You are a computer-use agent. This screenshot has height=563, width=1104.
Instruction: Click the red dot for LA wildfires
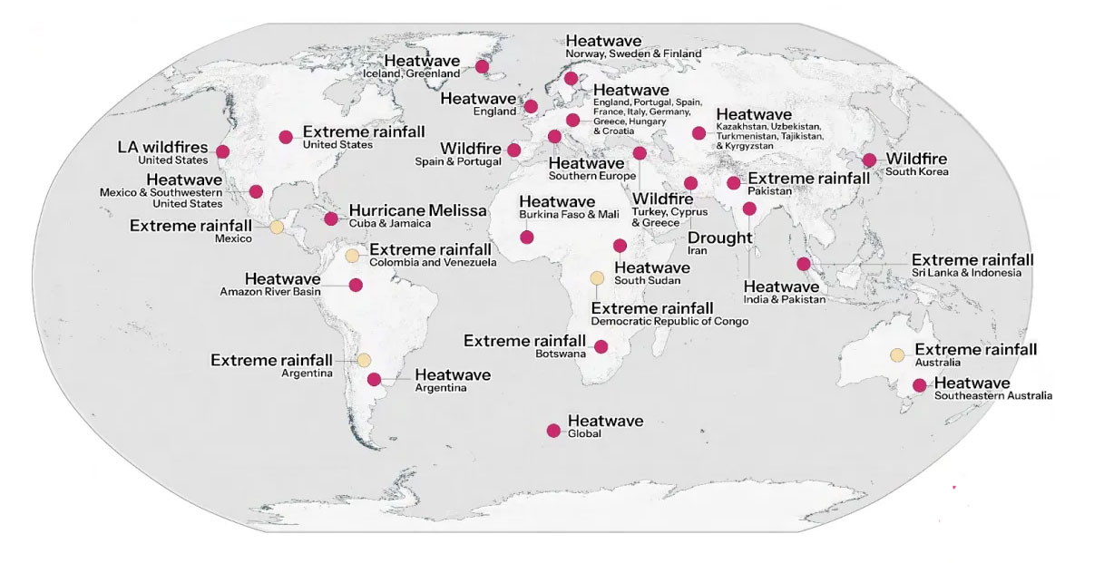[222, 151]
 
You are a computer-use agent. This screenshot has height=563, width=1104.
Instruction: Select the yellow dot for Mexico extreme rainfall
[277, 227]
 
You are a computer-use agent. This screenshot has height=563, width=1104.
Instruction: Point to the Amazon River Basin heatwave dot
[356, 285]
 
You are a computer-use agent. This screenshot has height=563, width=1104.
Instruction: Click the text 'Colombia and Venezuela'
[433, 263]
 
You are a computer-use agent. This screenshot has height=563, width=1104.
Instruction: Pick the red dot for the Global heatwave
[553, 431]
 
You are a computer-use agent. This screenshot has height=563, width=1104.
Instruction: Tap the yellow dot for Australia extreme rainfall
[897, 354]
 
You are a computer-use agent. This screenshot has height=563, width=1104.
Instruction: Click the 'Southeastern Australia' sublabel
[992, 396]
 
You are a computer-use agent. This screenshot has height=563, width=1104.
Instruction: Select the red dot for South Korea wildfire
[869, 160]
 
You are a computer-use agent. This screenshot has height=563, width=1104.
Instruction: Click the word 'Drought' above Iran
[720, 238]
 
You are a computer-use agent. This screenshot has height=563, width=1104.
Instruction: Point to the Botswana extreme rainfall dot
[601, 345]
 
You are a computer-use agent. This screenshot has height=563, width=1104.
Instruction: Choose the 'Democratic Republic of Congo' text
[669, 322]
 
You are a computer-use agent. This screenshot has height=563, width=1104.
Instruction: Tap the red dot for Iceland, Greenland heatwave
[483, 66]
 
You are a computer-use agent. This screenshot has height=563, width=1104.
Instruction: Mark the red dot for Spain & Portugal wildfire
[514, 150]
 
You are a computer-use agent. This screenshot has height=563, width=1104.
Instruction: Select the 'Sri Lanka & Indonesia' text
[966, 273]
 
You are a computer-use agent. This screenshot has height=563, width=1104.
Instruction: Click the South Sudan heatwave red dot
[620, 245]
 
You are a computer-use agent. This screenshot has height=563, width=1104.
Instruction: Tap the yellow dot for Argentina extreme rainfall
[363, 360]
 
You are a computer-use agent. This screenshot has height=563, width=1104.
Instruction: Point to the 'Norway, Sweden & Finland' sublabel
[633, 54]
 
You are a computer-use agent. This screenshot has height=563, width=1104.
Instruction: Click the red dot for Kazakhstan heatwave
[699, 133]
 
